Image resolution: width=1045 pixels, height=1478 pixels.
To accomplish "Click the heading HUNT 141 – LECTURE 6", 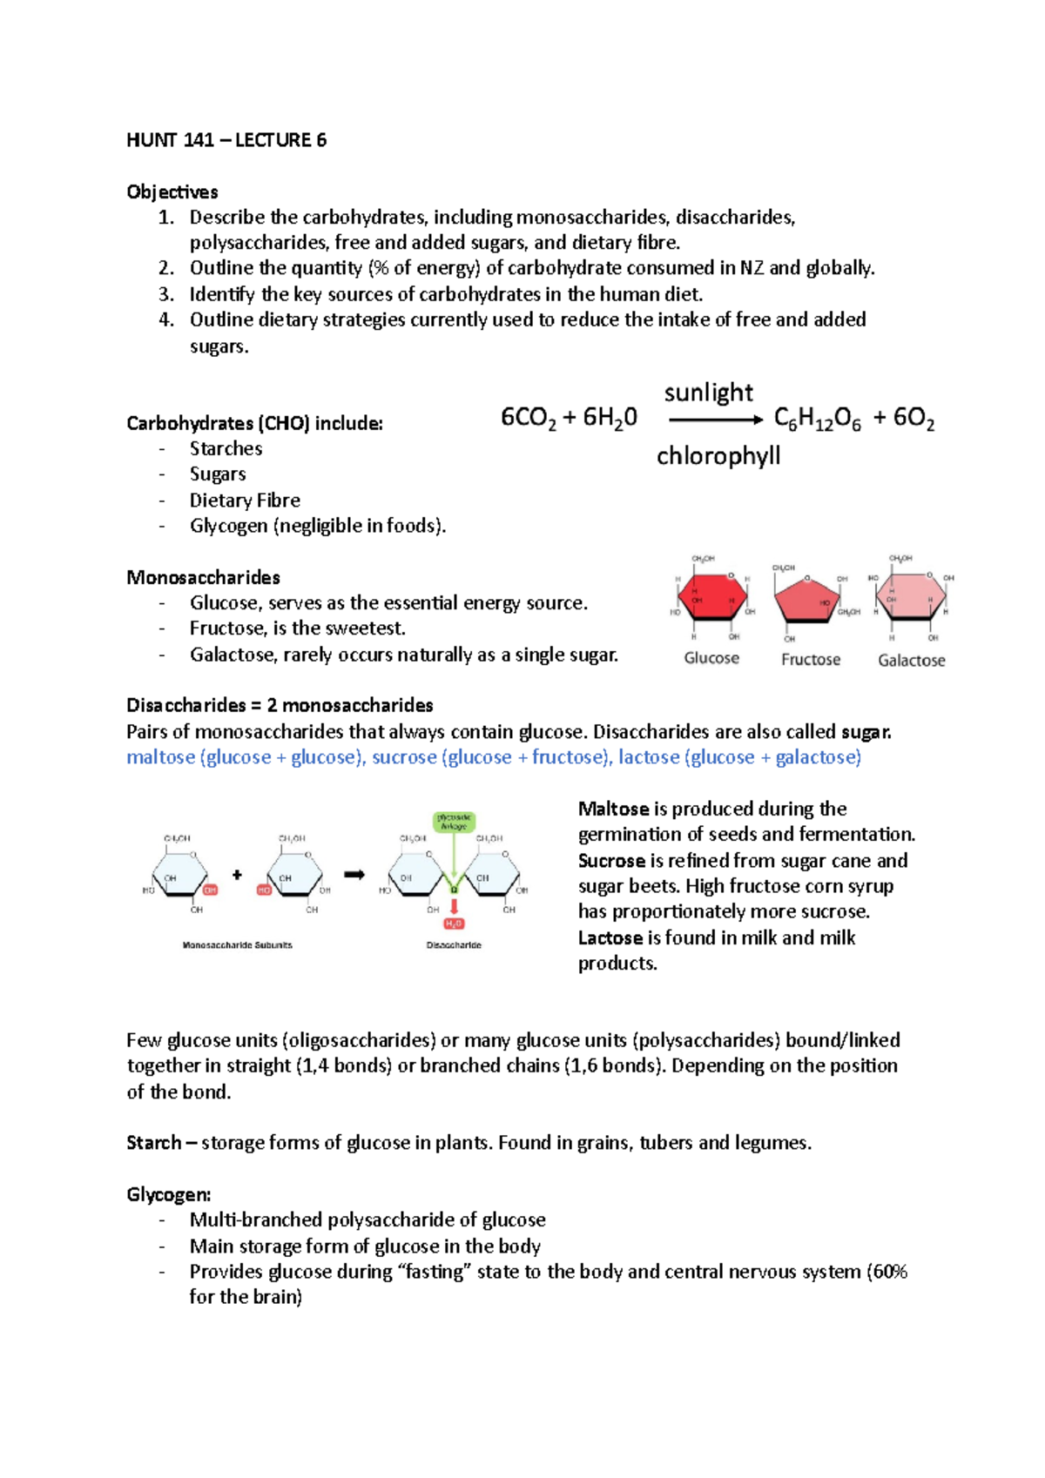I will [226, 140].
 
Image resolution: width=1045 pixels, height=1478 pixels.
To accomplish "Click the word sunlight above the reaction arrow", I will [708, 393].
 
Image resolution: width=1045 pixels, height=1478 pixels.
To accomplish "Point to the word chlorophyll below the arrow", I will [718, 456].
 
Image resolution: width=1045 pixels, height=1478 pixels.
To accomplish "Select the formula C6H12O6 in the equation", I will [817, 420].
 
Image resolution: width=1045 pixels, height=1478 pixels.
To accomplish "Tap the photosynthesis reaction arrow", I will [715, 420].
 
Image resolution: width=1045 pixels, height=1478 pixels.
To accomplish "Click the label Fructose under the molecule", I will [811, 660].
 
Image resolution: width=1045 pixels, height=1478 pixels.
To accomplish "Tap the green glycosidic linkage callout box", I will [454, 822].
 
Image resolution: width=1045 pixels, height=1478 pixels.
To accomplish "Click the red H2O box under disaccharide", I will [454, 924].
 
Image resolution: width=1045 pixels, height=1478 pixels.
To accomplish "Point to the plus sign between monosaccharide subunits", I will [237, 875].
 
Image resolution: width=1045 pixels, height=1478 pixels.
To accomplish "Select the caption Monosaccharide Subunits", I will [238, 945].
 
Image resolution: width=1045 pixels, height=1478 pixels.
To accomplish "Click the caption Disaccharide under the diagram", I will [454, 945].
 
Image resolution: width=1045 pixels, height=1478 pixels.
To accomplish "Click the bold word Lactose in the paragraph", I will [610, 938].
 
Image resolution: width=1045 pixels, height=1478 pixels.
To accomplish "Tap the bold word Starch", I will [154, 1143].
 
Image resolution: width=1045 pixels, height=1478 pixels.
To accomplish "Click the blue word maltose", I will [160, 757].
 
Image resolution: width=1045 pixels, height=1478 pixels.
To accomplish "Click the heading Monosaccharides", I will [203, 578].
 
